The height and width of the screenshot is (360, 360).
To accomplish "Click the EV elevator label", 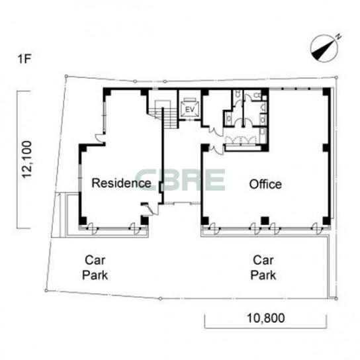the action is [190, 109].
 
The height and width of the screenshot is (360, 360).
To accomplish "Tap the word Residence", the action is [121, 183].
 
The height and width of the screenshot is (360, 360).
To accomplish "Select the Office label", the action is [265, 184].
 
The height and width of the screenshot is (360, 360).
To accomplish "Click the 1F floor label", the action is [24, 59].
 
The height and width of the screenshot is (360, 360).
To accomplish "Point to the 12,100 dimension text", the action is [27, 159].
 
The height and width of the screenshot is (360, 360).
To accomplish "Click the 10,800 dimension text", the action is [265, 318].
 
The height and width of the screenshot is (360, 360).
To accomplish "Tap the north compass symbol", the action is [324, 48].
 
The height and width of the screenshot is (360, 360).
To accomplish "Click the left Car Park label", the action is [95, 268].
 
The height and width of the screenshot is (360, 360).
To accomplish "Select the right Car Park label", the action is [263, 268].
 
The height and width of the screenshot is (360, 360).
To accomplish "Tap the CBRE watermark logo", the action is [180, 180].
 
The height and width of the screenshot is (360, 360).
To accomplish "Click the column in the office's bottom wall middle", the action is [265, 220].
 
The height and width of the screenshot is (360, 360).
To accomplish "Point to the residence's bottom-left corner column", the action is [83, 220].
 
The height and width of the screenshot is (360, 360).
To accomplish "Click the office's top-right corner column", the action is [326, 91].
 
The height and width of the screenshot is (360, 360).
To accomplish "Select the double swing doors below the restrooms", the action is [240, 140].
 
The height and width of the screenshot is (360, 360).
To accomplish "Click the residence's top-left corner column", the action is [107, 92].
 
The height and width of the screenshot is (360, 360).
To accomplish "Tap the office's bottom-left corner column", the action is [204, 220].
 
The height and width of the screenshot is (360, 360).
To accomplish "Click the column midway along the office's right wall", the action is [326, 148].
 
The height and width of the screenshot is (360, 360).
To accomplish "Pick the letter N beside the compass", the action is [338, 36].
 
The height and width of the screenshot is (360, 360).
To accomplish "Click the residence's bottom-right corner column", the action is [145, 220].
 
